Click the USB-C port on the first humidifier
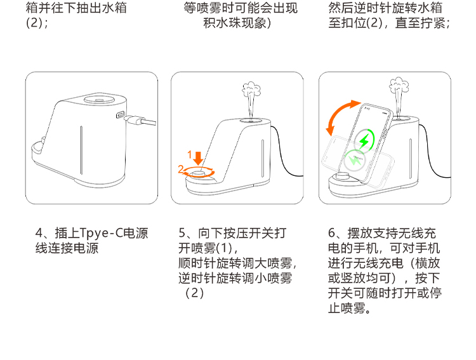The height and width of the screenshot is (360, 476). [121, 115]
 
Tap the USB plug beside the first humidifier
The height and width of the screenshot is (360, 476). [140, 121]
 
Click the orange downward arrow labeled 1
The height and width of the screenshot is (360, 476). [198, 158]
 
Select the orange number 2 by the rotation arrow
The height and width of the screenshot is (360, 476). [181, 169]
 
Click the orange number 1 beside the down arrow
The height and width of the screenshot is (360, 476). [190, 155]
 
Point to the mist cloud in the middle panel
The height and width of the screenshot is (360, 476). [251, 89]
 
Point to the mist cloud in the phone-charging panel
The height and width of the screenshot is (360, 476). [399, 85]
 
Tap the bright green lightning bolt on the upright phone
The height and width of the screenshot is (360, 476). [364, 140]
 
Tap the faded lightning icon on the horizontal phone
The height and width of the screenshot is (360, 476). [354, 160]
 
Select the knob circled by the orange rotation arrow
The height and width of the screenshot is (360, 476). [199, 173]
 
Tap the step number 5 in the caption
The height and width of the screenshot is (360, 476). [182, 233]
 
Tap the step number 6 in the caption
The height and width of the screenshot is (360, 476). [331, 233]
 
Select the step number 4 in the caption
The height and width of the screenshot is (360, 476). [39, 233]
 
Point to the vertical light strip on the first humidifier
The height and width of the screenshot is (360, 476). [81, 150]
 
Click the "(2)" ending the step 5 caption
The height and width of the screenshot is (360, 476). [194, 293]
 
